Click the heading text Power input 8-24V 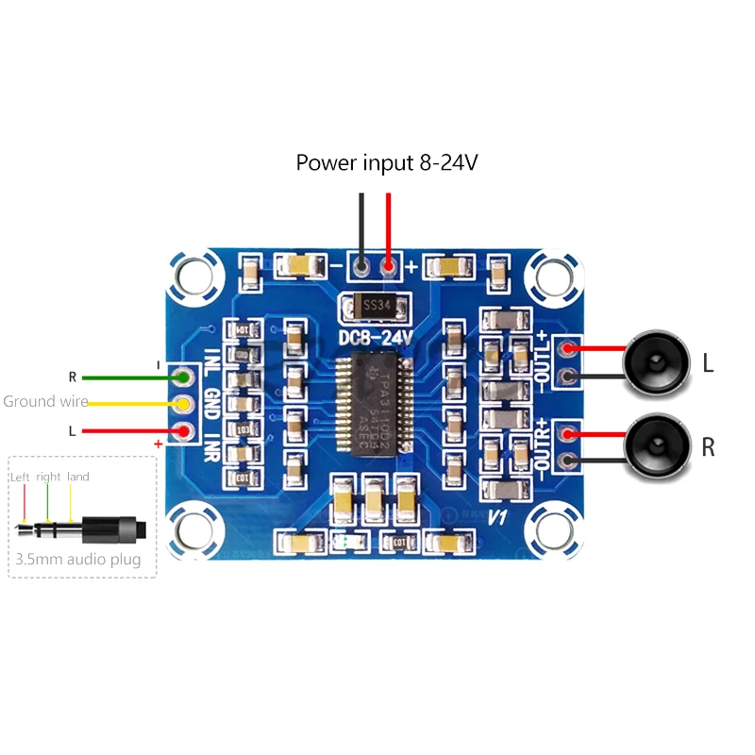pyautogui.click(x=387, y=162)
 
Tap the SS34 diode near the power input pyautogui.click(x=376, y=306)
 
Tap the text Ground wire pyautogui.click(x=45, y=401)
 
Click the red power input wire pyautogui.click(x=389, y=226)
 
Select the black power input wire pyautogui.click(x=361, y=226)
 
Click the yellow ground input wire pyautogui.click(x=132, y=403)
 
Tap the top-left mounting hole pyautogui.click(x=196, y=275)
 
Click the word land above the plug pyautogui.click(x=78, y=477)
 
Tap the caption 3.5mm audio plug pyautogui.click(x=78, y=560)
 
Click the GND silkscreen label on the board pyautogui.click(x=212, y=404)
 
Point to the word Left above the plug pyautogui.click(x=21, y=477)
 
